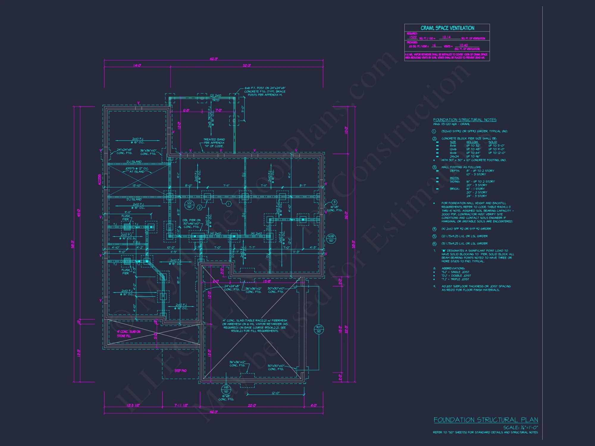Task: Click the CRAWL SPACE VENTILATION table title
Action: coord(447,28)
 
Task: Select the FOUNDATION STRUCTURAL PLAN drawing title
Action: coord(486,420)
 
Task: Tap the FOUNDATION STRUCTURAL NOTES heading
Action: coord(465,120)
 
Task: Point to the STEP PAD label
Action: coord(181,371)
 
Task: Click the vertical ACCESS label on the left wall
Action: coord(100,179)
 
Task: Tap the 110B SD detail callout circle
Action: coord(331,238)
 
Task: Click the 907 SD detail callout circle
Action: coord(319,329)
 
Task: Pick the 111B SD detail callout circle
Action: coord(226,390)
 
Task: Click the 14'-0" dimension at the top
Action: coord(137,65)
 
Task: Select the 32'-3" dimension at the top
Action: coord(247,65)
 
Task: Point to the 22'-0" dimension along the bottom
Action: coord(252,405)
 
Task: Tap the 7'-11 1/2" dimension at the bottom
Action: coord(181,405)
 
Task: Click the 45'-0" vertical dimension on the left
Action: coord(79,213)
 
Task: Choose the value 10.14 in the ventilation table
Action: coord(446,37)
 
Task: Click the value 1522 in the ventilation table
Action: coord(413,37)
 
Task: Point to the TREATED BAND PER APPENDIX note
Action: coord(214,143)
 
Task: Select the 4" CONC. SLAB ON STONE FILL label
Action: coord(129,334)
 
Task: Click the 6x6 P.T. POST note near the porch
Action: coord(265,91)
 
